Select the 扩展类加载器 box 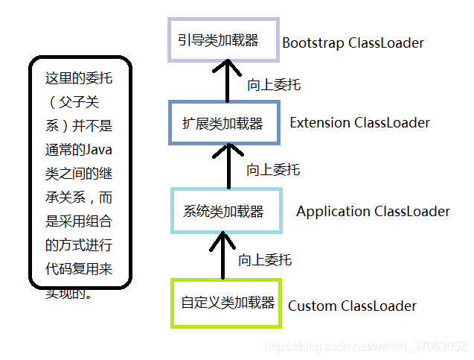pos(223,124)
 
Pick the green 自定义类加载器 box pos(227,303)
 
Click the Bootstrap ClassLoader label pos(353,42)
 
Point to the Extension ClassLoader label pos(359,122)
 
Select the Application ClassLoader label pos(373,211)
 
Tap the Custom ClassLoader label pos(352,306)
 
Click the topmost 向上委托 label pos(274,85)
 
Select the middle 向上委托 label pos(273,170)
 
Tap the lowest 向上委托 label pos(265,260)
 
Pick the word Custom pos(313,306)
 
